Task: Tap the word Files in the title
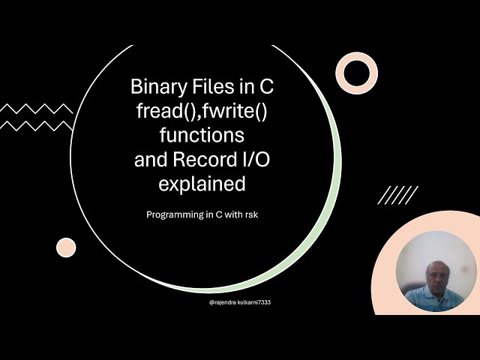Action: coord(214,88)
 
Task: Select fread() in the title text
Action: coord(163,112)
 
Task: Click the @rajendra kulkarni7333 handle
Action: coord(239,302)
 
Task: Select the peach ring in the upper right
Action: coord(356,73)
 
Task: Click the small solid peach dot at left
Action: coord(66,247)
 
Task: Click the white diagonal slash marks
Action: coord(397,196)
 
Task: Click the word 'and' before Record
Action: coord(150,160)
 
